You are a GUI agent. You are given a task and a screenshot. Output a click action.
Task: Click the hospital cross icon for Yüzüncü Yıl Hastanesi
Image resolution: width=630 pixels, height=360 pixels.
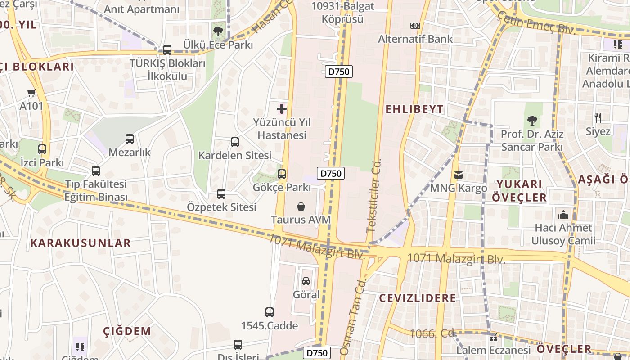pos(282,108)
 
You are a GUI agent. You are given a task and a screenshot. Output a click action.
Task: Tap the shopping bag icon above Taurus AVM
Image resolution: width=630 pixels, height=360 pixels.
pos(301,207)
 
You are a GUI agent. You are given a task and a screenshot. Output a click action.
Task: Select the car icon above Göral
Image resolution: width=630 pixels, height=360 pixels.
pos(306,281)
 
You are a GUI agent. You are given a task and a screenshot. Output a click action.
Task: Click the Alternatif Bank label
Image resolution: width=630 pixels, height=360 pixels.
pos(415,39)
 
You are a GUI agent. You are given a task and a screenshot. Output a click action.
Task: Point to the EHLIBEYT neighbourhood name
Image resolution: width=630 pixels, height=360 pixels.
pos(414,109)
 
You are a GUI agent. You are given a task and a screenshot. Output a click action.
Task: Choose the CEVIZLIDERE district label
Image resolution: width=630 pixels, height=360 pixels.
pos(417,298)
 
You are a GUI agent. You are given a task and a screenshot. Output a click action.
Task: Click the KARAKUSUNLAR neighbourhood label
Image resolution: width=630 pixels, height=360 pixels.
pos(81,243)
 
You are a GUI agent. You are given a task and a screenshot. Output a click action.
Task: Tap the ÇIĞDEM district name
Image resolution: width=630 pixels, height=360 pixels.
pos(127,331)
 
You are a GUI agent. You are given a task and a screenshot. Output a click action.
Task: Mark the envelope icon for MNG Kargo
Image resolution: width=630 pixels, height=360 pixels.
pos(459,175)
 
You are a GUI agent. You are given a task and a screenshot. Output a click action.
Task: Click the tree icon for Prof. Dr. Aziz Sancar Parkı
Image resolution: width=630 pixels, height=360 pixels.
pos(532,121)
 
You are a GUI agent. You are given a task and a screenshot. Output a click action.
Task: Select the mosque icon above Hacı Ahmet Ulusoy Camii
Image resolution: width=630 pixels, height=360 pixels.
pos(563,215)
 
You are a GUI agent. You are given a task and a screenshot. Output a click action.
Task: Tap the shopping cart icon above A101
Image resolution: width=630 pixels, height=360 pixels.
pos(31,93)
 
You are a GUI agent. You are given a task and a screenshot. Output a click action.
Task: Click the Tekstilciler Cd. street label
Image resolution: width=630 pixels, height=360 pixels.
pos(373,195)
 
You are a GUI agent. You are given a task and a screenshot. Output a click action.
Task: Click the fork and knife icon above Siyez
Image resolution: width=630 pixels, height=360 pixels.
pos(598,118)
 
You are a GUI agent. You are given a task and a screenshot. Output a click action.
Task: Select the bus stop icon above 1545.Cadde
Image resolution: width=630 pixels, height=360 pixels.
pos(270,312)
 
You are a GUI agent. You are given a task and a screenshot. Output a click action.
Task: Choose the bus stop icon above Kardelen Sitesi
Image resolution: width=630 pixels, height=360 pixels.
pos(235,142)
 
